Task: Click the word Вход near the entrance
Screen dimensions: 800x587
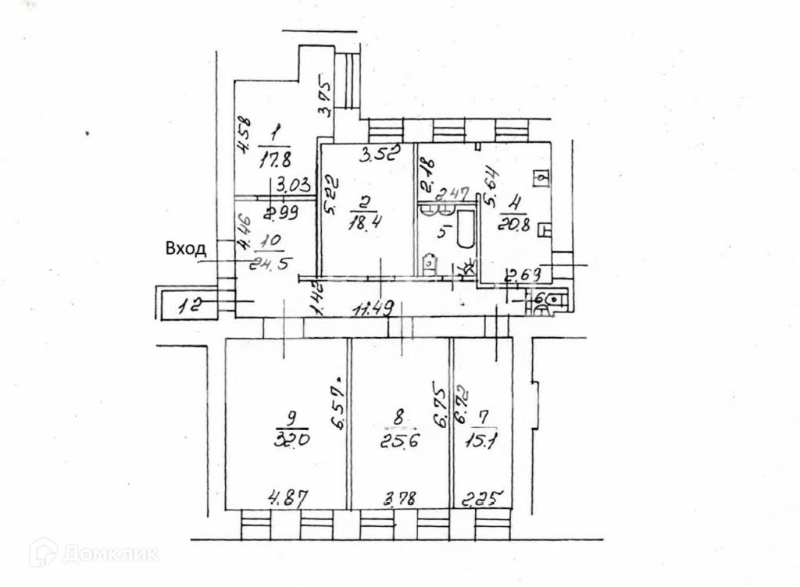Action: point(186,249)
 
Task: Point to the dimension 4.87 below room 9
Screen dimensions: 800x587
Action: point(287,497)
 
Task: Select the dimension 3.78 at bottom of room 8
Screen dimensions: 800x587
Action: point(398,497)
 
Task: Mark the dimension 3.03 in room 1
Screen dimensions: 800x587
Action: point(291,186)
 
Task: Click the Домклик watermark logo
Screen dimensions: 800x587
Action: point(95,553)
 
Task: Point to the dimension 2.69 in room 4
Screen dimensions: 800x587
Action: point(524,275)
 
